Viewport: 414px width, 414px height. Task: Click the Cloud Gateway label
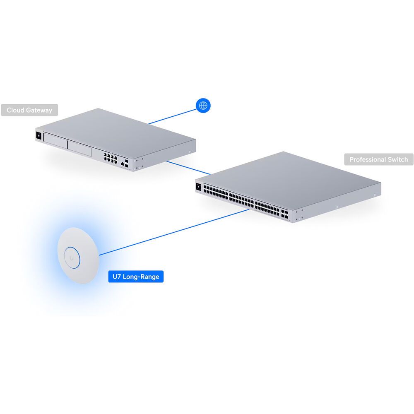(x=29, y=110)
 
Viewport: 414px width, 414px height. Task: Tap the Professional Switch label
(x=379, y=159)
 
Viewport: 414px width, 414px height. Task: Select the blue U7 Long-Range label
(x=136, y=277)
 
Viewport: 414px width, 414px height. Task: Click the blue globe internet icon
(x=203, y=106)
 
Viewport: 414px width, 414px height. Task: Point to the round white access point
(x=78, y=255)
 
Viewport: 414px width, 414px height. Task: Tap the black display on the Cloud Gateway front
(x=39, y=136)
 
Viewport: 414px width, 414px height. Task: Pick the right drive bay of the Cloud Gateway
(x=79, y=148)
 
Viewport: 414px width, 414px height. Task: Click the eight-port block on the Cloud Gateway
(x=111, y=158)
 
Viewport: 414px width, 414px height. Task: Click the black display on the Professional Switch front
(x=199, y=187)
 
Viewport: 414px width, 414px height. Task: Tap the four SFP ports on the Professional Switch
(x=285, y=214)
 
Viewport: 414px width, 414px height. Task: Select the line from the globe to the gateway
(x=173, y=116)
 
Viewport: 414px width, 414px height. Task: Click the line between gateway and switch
(x=188, y=168)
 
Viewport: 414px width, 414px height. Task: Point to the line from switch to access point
(x=174, y=232)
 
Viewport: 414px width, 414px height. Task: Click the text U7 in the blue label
(x=117, y=277)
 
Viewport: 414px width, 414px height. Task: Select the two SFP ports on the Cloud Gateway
(x=126, y=163)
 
